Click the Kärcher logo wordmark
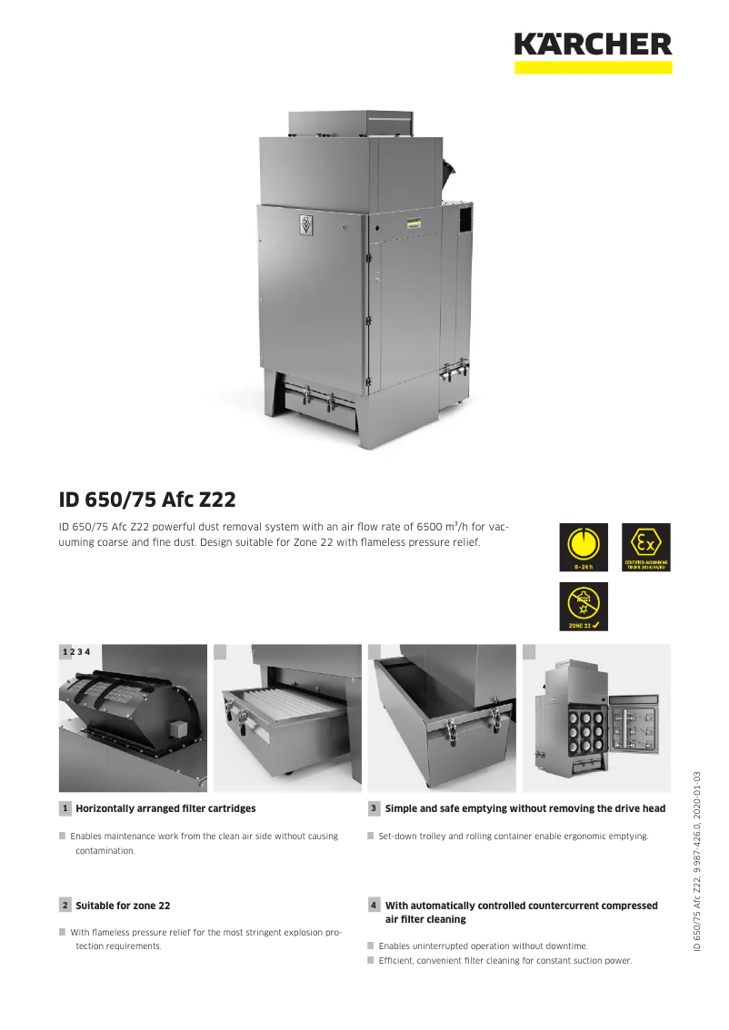pyautogui.click(x=593, y=44)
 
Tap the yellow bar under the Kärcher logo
pyautogui.click(x=593, y=67)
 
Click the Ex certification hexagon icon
pyautogui.click(x=646, y=547)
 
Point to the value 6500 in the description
pyautogui.click(x=432, y=526)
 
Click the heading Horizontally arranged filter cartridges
pyautogui.click(x=165, y=808)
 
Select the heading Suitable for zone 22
pyautogui.click(x=123, y=906)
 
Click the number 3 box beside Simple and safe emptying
pyautogui.click(x=374, y=808)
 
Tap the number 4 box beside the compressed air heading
pyautogui.click(x=374, y=906)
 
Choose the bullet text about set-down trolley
pyautogui.click(x=514, y=836)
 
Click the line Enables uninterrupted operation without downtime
pyautogui.click(x=483, y=946)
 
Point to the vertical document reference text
pyautogui.click(x=696, y=861)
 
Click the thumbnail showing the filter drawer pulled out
pyautogui.click(x=287, y=718)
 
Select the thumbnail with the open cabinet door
pyautogui.click(x=597, y=718)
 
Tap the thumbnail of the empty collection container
pyautogui.click(x=442, y=718)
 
